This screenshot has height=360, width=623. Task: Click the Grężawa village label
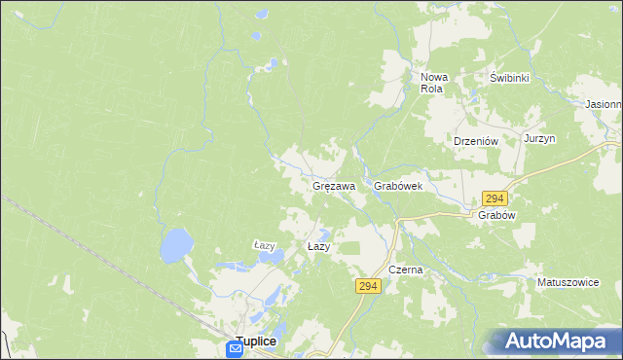tap(333, 185)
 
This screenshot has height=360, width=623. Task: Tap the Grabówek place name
tap(397, 185)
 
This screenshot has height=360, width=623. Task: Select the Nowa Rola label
tap(432, 83)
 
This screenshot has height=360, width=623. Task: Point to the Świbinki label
tap(508, 78)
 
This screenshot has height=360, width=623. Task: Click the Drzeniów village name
tap(476, 141)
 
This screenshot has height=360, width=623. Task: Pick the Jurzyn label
tap(539, 139)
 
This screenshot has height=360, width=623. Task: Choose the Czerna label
tap(405, 270)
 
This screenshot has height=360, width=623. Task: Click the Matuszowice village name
tap(568, 282)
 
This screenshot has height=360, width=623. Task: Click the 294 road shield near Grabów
tap(494, 198)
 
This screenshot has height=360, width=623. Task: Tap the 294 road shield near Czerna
tap(367, 286)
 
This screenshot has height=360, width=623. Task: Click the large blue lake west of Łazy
tap(176, 245)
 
